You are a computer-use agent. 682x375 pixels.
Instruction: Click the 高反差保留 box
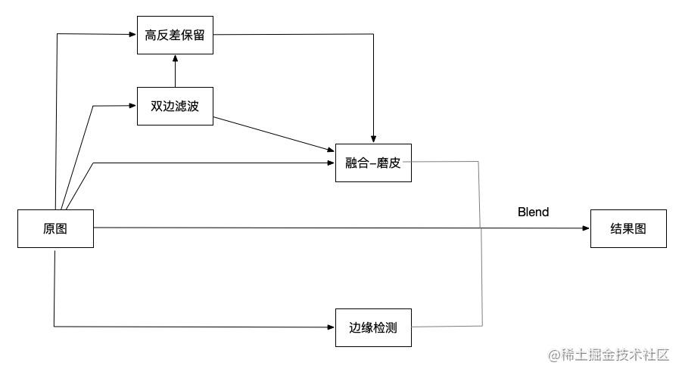[175, 36]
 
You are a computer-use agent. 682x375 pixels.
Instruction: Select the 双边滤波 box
[175, 106]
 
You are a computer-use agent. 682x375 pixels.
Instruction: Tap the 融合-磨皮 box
[373, 163]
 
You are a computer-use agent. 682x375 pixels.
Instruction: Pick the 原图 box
[55, 228]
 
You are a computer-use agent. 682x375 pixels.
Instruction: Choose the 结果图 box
[628, 228]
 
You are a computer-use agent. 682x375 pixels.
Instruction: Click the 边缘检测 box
[373, 327]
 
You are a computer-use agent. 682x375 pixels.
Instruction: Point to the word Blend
[533, 212]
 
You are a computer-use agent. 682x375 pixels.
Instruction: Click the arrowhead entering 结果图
[587, 228]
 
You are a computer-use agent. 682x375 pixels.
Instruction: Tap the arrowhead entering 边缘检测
[332, 327]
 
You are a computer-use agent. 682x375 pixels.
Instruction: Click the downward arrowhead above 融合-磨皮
[373, 139]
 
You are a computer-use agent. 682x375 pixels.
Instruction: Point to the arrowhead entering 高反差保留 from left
[133, 34]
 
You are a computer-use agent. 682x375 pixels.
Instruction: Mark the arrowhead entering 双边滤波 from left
[133, 106]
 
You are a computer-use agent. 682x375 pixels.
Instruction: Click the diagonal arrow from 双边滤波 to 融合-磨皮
[274, 135]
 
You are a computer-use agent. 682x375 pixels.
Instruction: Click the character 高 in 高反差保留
[151, 36]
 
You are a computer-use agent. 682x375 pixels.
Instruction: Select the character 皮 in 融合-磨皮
[395, 163]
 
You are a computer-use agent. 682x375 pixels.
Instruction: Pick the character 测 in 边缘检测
[391, 327]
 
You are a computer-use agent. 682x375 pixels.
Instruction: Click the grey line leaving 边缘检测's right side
[447, 327]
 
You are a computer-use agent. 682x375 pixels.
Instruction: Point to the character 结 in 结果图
[616, 228]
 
